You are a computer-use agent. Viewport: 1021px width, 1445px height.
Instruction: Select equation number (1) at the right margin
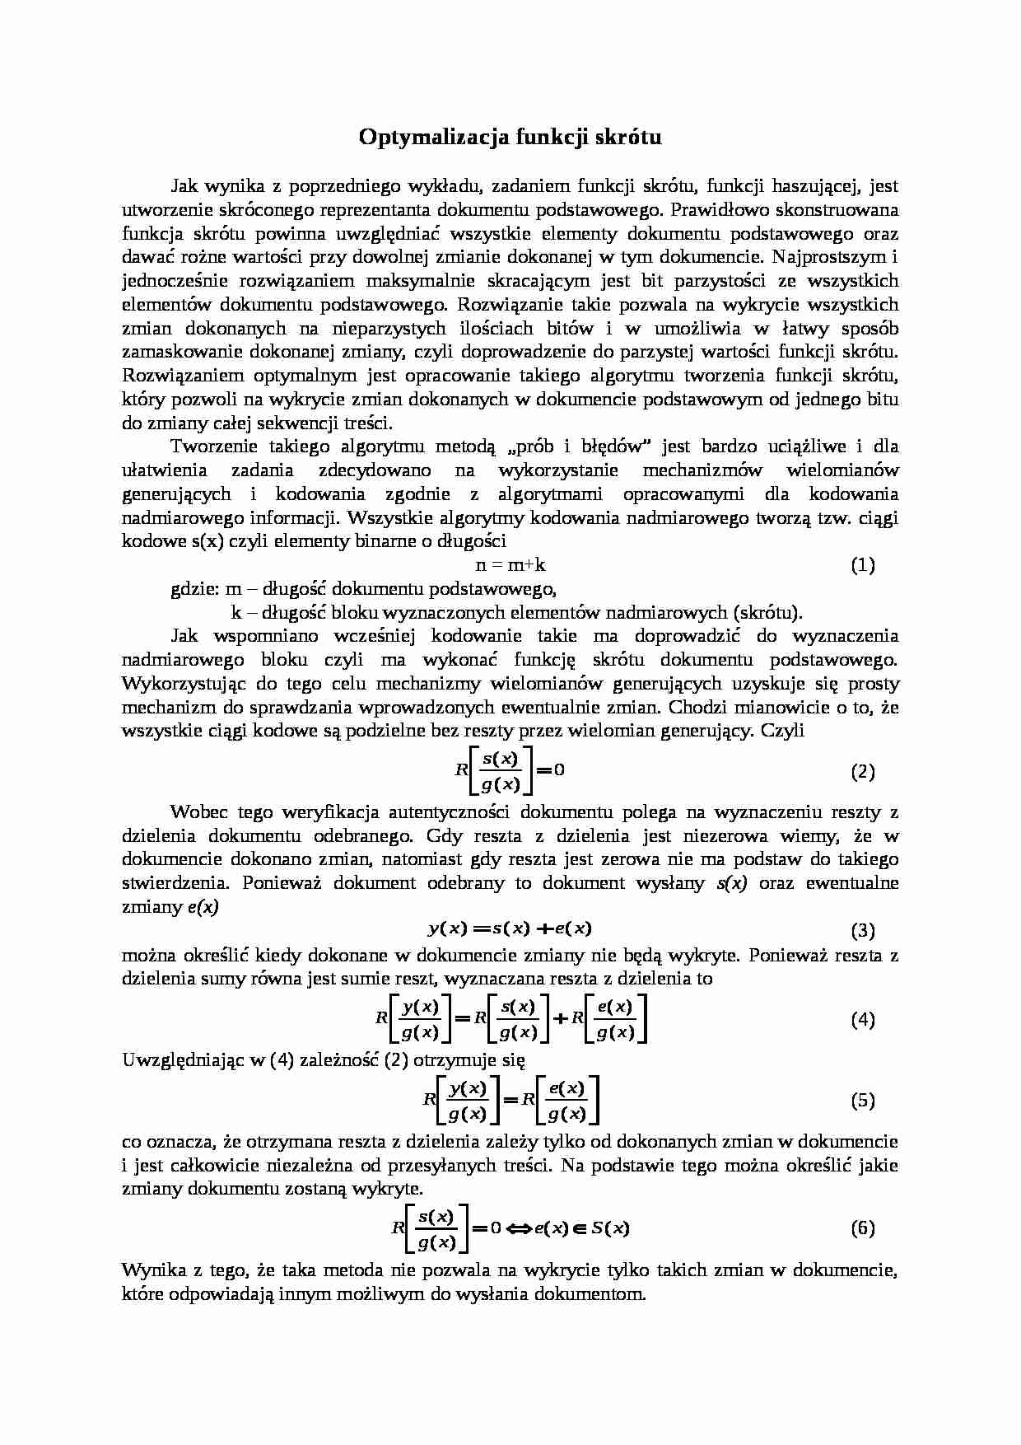click(862, 565)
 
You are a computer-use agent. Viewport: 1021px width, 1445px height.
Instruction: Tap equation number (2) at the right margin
click(862, 771)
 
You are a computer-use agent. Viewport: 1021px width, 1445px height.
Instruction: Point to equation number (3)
click(862, 931)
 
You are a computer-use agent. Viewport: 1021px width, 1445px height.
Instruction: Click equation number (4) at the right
click(862, 1019)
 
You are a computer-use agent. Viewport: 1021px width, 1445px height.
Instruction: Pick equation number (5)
click(862, 1100)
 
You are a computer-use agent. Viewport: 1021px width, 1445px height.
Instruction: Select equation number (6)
click(862, 1228)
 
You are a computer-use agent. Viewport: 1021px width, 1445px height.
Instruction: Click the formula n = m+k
click(510, 565)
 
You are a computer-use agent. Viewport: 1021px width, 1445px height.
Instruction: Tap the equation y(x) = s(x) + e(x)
click(510, 928)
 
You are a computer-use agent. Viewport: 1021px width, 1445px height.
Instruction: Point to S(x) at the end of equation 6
click(609, 1228)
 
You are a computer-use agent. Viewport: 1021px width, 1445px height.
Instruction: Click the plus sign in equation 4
click(561, 1018)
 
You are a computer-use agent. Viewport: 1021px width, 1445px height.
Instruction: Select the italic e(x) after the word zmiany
click(203, 907)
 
